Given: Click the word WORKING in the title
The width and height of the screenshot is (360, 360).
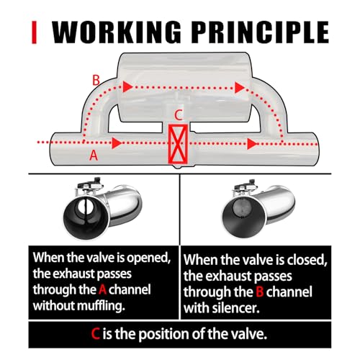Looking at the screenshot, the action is coord(117,32).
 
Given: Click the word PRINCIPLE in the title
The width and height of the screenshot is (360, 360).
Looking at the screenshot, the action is coord(260,32).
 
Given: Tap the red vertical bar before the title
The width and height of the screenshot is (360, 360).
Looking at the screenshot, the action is coord(35,32).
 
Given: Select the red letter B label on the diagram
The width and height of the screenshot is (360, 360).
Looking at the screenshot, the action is coord(96,80).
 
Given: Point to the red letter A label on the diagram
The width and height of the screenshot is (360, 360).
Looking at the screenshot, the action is coord(94,156).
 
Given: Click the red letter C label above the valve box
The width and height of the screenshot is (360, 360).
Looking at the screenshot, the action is coord(179,115).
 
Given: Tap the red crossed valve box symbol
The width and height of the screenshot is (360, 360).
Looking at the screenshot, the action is coord(178,143).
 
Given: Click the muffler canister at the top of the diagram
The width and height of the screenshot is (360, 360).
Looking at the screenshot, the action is coord(184,87).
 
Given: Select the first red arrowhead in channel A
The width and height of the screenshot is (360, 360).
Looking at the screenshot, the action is coord(117,143).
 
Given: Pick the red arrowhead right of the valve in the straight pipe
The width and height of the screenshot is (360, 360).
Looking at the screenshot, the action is coord(252,144).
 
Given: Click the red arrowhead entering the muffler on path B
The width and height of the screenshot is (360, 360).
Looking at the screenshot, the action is coord(127,86).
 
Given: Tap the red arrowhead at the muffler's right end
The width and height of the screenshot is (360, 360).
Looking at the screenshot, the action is coord(240,88).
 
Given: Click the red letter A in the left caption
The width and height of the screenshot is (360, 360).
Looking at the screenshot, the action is coord(102,289).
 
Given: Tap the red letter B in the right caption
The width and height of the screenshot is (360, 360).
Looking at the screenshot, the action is coord(260,292).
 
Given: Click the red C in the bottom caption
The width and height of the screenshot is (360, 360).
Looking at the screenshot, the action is coord(95,334).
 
